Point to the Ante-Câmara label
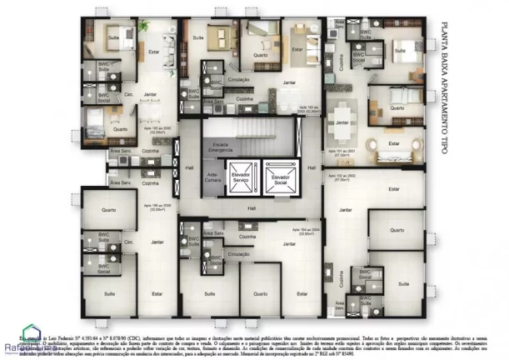click(212, 177)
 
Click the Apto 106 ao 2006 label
click(160, 206)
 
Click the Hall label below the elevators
click(251, 208)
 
